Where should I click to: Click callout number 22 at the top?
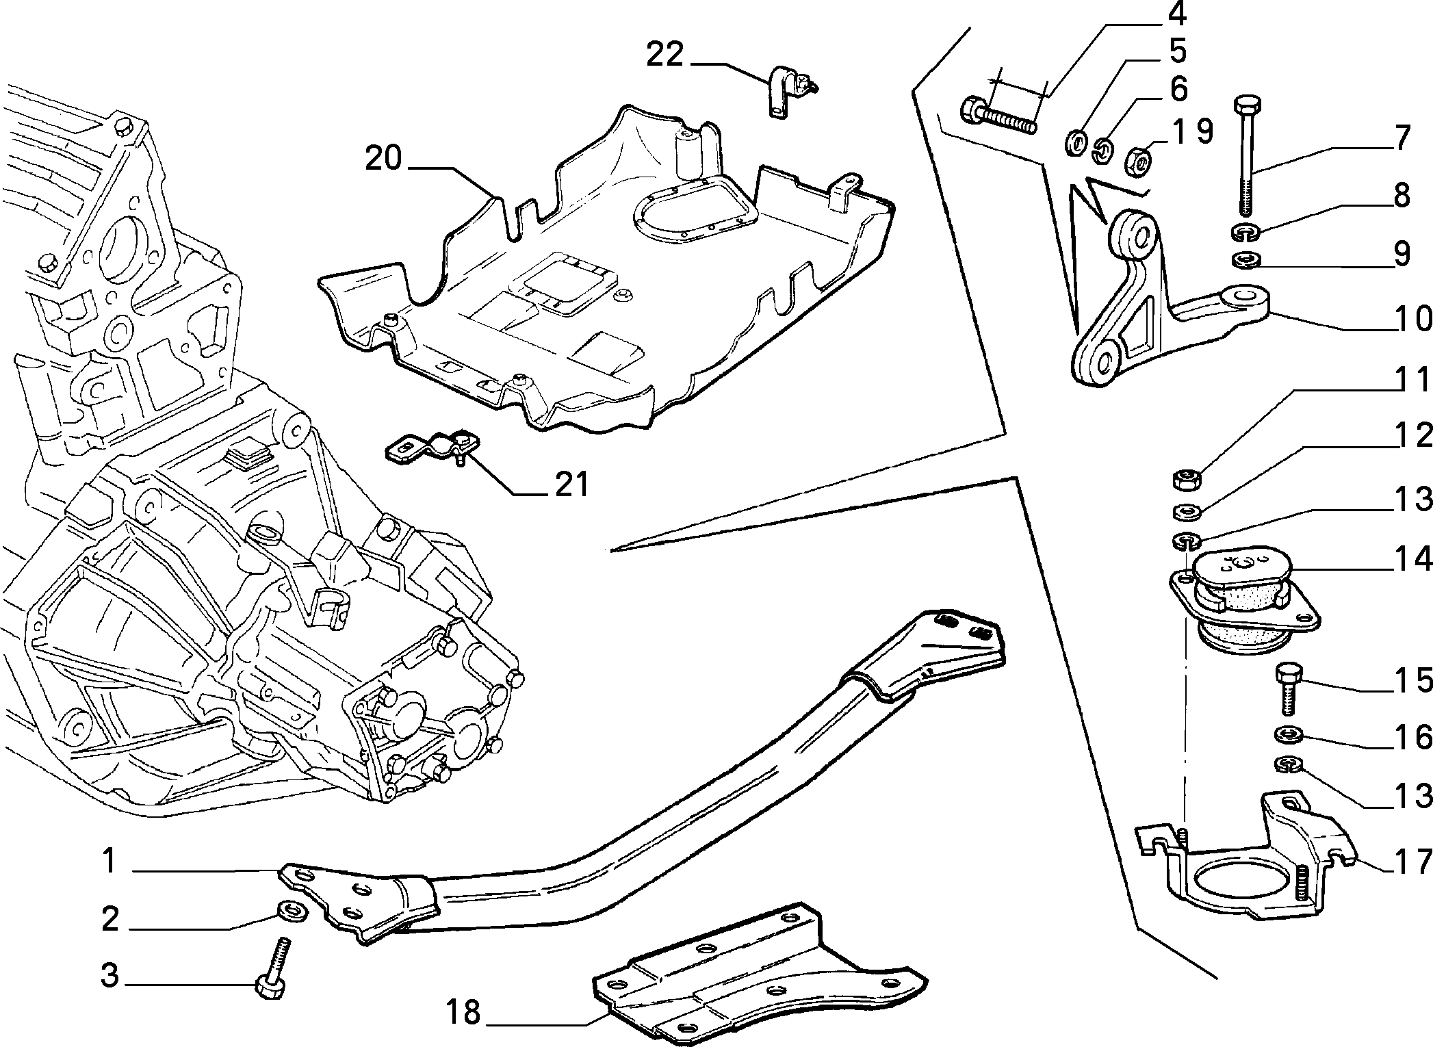point(665,55)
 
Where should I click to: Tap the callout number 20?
point(383,159)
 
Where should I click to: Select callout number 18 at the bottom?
point(463,1011)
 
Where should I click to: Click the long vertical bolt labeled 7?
point(1245,157)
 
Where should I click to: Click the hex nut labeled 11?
point(1185,478)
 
